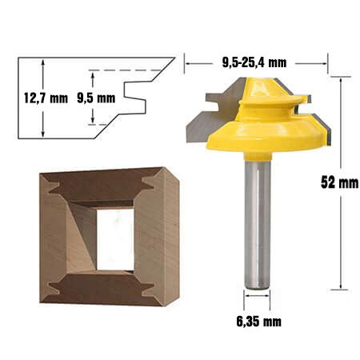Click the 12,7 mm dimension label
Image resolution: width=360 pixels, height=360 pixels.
[x=46, y=98]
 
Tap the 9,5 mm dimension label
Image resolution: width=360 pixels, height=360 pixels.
[x=96, y=98]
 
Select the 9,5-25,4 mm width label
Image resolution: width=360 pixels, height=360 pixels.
[x=254, y=63]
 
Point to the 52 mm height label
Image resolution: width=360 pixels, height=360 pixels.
[x=339, y=182]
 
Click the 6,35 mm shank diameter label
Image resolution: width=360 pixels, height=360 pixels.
[x=258, y=322]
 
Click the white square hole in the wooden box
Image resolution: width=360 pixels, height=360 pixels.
[x=115, y=239]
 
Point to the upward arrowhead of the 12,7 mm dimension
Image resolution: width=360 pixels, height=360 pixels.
[x=43, y=62]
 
